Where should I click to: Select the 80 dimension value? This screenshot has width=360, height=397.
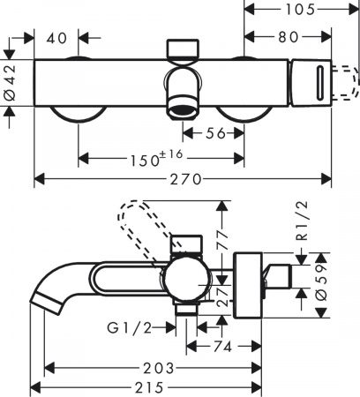pos(287,39)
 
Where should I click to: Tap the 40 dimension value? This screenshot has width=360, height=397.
pos(58,39)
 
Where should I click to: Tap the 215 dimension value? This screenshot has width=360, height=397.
pos(147,386)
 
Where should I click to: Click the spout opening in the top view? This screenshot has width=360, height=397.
pos(184,109)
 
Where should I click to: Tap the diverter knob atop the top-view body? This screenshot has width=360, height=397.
pos(184,48)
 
